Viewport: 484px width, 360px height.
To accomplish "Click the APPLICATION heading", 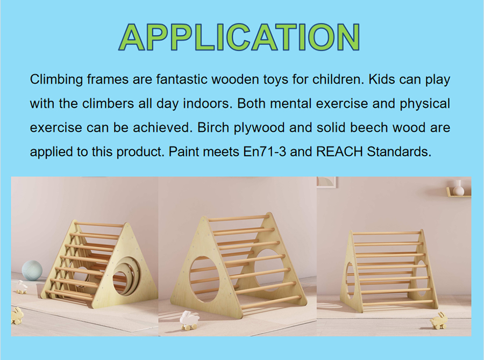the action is tap(239, 37).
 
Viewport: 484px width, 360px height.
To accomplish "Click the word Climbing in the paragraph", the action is tap(56, 80).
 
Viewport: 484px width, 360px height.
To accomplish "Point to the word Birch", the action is tap(213, 127).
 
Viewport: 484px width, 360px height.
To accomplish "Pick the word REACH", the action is tap(339, 152).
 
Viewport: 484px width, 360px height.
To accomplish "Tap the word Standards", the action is tap(399, 152).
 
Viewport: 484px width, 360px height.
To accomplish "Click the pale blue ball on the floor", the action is tap(32, 270).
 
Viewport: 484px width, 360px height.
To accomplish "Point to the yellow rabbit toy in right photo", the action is tap(439, 320).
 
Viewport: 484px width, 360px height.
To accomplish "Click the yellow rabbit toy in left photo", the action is tap(17, 315).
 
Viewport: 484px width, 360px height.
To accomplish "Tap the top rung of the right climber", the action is tap(387, 233).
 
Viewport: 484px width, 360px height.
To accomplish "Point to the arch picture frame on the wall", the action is tap(326, 182).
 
